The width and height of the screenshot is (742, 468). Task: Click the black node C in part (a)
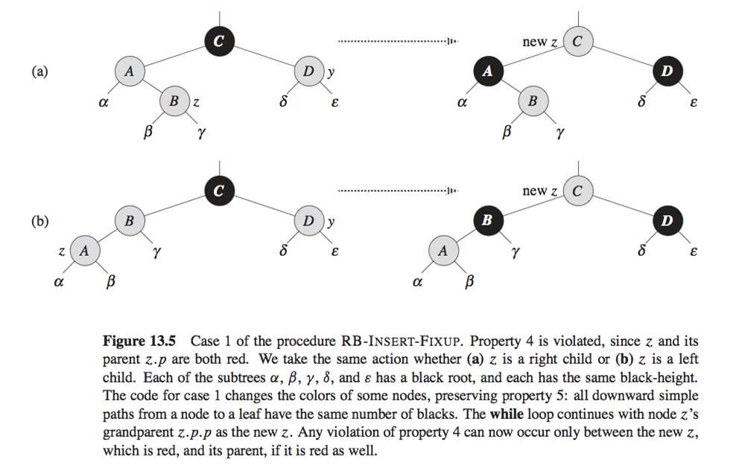218,42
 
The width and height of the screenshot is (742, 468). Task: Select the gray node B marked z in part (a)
174,101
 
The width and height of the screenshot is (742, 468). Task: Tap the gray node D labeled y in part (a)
308,71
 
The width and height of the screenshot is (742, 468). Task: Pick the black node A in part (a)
487,71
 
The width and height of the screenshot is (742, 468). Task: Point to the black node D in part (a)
666,71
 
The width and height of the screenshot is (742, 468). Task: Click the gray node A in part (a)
129,71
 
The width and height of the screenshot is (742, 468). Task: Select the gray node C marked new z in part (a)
577,42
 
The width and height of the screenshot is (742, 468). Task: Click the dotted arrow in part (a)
397,42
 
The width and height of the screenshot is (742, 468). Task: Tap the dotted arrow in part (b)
397,191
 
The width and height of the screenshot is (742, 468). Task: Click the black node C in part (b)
218,191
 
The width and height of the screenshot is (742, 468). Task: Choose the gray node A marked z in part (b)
84,251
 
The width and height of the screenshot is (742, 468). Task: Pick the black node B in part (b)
487,221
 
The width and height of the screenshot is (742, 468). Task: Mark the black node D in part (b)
666,221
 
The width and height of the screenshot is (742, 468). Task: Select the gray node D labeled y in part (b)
308,221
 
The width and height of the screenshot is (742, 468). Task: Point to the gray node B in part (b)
129,221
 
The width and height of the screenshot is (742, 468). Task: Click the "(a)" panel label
39,72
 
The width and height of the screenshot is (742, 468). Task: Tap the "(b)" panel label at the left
39,222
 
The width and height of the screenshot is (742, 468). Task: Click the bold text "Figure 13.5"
139,342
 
